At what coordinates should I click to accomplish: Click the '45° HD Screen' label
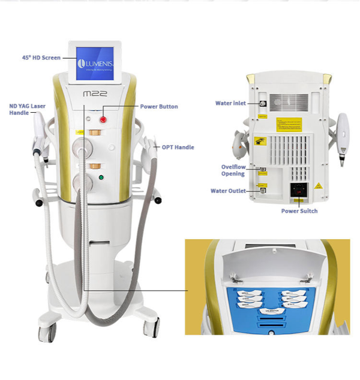point(40,58)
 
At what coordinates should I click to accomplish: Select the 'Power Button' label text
point(158,107)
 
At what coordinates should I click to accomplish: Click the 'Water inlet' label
point(230,103)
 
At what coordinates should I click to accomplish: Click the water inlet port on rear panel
point(263,102)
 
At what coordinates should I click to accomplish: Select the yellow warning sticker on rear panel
point(284,124)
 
